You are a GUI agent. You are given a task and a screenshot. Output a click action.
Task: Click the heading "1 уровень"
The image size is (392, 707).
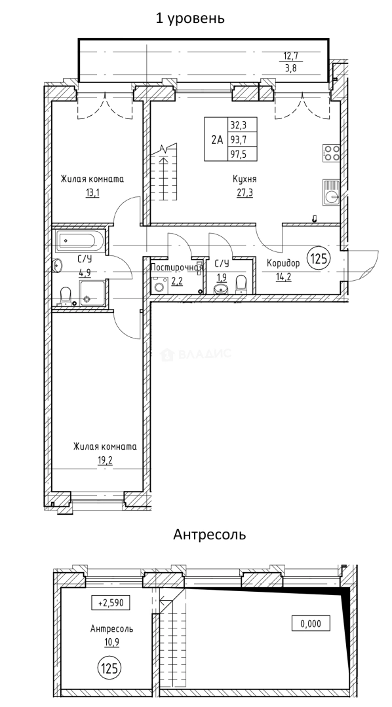point(190,18)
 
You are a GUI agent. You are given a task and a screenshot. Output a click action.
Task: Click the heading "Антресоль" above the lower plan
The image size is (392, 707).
point(209,535)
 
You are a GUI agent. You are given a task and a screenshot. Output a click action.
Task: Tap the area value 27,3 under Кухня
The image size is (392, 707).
point(244,192)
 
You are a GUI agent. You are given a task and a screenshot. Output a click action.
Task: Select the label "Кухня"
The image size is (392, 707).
point(244,179)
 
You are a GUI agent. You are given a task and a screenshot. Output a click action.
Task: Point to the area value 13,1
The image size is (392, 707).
point(92,192)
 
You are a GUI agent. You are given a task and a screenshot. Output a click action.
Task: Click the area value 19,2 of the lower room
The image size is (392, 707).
point(105,460)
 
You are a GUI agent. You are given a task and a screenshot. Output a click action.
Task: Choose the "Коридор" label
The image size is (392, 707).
point(283,263)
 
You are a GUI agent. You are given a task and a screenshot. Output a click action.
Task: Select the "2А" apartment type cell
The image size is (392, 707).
point(216,139)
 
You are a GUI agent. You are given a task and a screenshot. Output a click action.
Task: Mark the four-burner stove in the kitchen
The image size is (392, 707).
point(331,153)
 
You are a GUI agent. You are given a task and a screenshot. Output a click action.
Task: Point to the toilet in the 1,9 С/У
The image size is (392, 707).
point(241,281)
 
